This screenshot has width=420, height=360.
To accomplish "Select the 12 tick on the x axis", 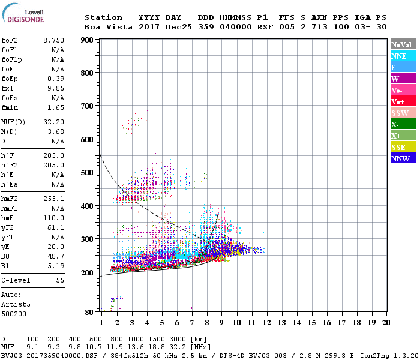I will point(266,323).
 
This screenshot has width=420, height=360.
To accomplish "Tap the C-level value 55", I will point(59,280).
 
